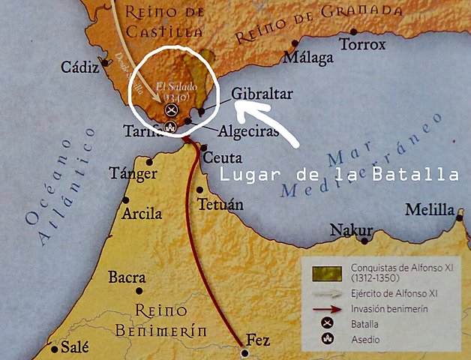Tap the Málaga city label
306,58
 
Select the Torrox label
363,45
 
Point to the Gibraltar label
262,94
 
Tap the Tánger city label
133,174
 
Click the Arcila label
142,214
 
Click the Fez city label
258,340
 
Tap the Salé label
74,346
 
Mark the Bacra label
127,277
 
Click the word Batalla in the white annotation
416,175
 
